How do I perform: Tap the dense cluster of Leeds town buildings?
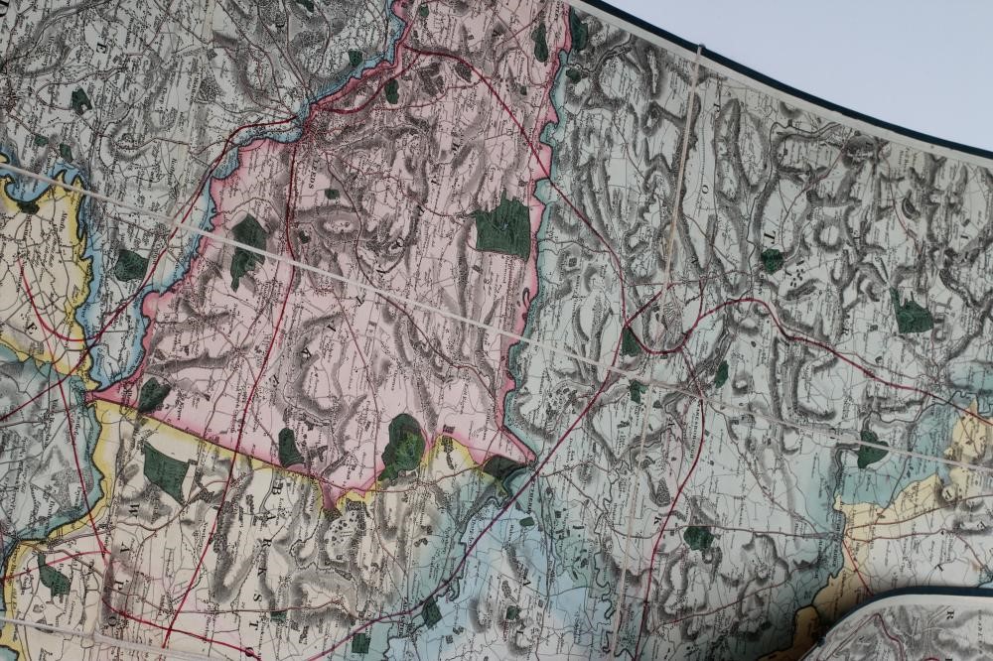320,129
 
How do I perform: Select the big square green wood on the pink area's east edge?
503,227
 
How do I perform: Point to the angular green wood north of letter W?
164,469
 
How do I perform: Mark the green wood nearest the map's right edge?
912,315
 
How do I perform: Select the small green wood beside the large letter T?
772,260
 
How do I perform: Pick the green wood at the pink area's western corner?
152,394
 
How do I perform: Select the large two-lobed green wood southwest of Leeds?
246,247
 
